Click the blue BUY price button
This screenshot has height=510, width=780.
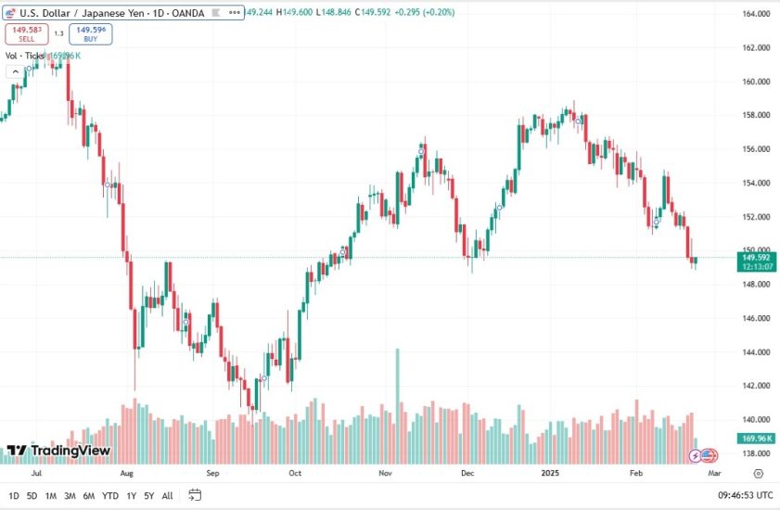coord(90,33)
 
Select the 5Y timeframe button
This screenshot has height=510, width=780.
coord(148,495)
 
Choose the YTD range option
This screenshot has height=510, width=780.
coord(110,495)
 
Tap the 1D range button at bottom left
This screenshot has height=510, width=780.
coord(13,495)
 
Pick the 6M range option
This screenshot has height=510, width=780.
coord(89,495)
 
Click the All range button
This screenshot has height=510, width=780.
coord(167,495)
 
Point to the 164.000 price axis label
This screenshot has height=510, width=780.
coord(757,14)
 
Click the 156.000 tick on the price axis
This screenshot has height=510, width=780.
coord(757,149)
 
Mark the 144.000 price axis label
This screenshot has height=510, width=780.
coord(757,352)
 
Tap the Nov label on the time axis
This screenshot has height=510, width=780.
coord(385,472)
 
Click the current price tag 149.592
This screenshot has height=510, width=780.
coord(758,259)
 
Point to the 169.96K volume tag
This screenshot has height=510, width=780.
coord(758,438)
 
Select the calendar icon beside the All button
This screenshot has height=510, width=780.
coord(194,495)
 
